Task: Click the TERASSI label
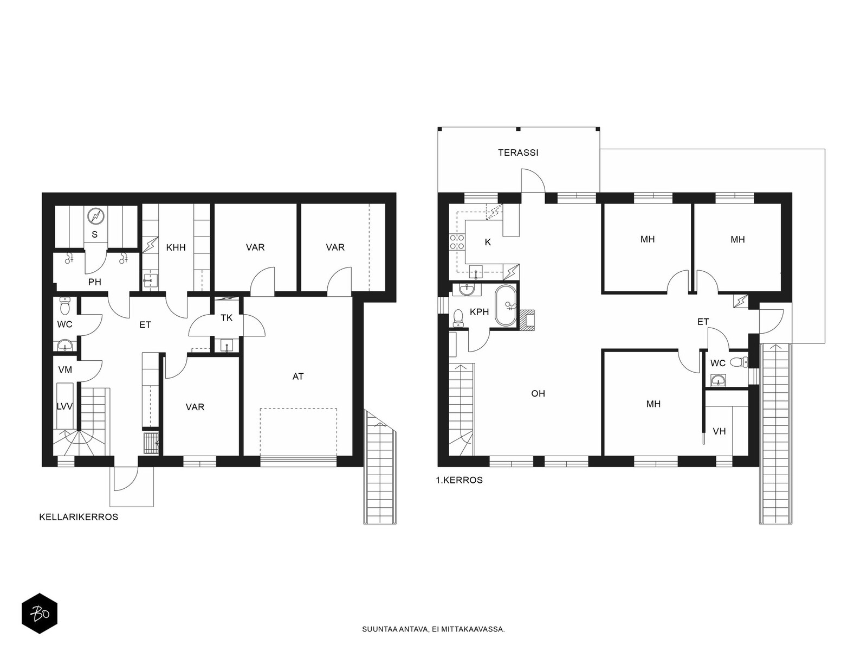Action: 518,152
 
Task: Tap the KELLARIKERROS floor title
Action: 79,517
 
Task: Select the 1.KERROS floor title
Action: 459,480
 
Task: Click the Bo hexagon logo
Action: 40,614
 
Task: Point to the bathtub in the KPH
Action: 506,306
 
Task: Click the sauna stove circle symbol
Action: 95,216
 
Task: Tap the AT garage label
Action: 298,376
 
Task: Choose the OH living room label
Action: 538,393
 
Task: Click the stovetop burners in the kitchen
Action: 457,241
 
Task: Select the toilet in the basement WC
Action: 65,305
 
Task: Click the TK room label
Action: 227,318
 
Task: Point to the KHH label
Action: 176,247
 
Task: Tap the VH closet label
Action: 719,431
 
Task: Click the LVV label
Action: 64,406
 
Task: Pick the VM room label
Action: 65,369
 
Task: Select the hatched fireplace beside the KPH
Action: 527,320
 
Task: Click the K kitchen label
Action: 488,242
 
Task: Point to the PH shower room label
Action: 95,282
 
